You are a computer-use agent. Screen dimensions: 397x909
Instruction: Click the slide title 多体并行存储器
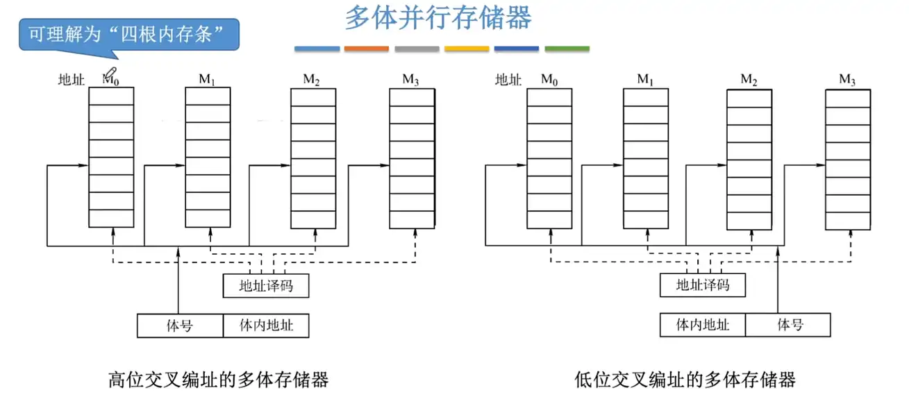[438, 19]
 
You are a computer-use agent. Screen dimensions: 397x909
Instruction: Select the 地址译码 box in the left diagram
[265, 286]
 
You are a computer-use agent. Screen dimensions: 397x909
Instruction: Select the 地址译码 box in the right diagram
[703, 285]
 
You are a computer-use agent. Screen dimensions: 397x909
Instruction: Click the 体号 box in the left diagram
[180, 326]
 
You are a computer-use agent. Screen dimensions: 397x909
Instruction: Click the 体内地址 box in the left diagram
[266, 326]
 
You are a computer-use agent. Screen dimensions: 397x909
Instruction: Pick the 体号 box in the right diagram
[788, 324]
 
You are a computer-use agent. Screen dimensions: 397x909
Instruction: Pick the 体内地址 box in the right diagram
[703, 324]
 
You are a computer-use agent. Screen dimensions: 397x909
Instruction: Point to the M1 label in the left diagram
[207, 80]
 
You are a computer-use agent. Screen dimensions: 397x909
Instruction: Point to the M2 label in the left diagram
[311, 80]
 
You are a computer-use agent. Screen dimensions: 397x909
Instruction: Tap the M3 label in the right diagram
[847, 80]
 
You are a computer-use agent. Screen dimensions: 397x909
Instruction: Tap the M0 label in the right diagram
[549, 80]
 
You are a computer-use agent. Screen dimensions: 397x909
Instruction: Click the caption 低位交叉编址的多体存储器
[685, 380]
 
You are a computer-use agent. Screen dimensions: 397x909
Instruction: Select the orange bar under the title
[367, 49]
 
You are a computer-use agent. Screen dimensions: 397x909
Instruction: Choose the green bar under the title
[567, 49]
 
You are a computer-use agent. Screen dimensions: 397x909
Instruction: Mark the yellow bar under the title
[467, 49]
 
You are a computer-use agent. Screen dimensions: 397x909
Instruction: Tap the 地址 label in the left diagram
[70, 80]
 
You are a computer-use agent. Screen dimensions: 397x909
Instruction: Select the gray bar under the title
[417, 49]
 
